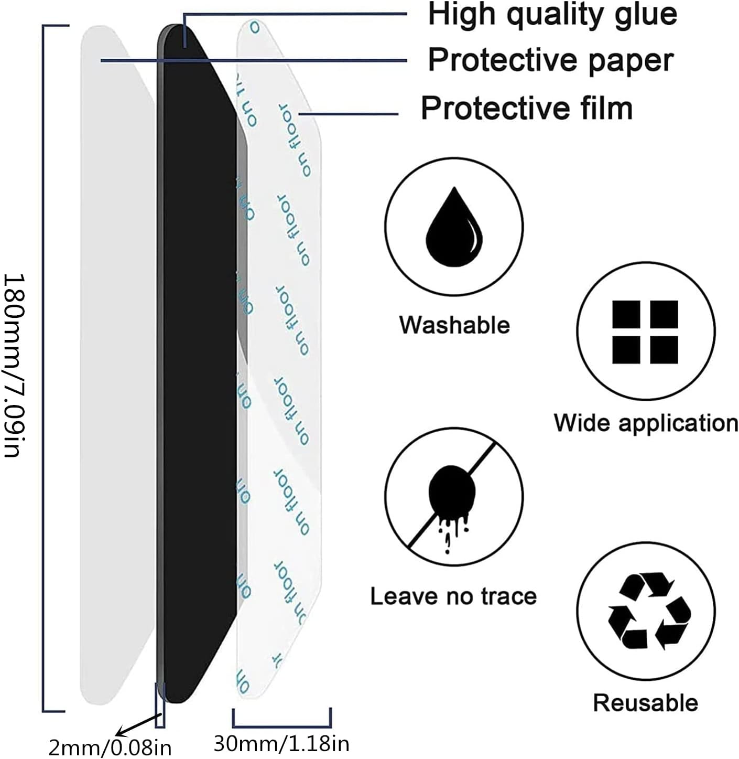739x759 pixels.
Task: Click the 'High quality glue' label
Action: tap(552, 14)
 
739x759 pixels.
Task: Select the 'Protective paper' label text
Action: tap(550, 60)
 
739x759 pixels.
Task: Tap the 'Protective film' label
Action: tap(526, 108)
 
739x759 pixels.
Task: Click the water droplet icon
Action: tap(454, 226)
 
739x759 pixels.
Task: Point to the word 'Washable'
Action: tap(454, 325)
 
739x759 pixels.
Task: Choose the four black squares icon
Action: tap(645, 332)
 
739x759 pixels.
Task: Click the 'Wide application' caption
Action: tap(646, 423)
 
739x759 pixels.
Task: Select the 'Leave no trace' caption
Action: tap(453, 596)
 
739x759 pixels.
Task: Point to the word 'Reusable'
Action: tap(645, 703)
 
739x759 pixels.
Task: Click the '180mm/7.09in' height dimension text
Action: tap(13, 365)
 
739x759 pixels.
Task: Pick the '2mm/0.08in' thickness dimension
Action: tap(110, 747)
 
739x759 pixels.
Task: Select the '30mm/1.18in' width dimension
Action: tap(281, 743)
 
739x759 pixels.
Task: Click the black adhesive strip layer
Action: tap(197, 367)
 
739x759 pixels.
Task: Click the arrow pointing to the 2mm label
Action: tap(137, 724)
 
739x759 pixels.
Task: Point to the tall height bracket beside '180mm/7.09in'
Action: tap(44, 367)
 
